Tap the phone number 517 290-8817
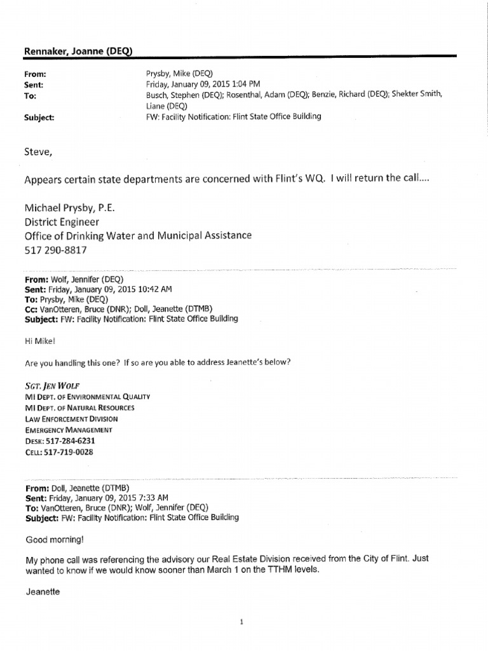click(55, 250)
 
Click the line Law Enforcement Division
click(71, 419)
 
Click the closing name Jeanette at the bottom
click(43, 591)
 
